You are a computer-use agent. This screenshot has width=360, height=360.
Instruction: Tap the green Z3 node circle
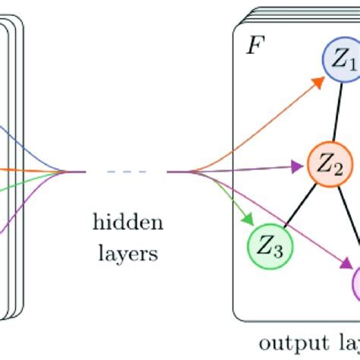[x=270, y=245]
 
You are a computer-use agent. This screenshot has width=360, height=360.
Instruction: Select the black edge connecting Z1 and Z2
[x=334, y=112]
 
